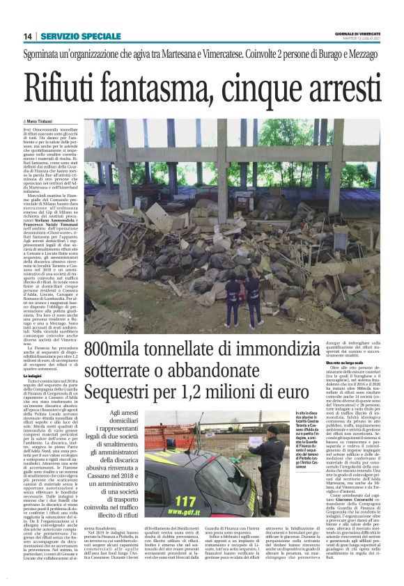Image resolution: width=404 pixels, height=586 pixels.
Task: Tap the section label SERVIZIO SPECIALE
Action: (x=81, y=35)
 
